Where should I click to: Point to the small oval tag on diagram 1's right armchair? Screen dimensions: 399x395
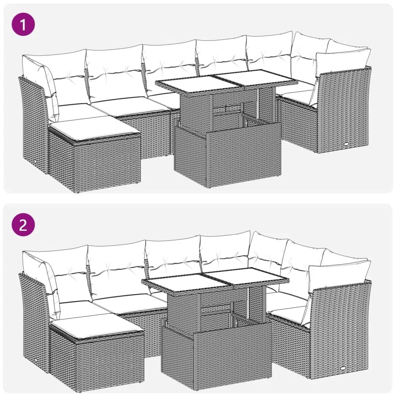[x=346, y=145]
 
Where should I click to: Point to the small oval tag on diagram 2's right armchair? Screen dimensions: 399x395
[x=345, y=368]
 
